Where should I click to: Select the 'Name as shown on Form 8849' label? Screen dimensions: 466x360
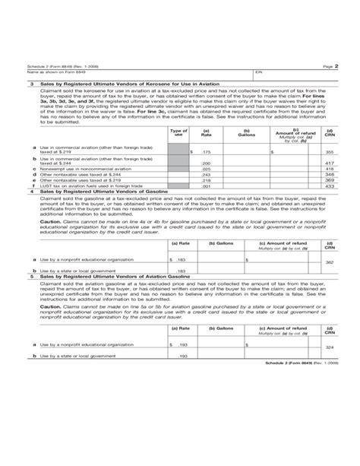51,74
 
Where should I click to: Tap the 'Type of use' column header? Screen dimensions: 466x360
179,134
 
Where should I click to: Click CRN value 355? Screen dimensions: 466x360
329,153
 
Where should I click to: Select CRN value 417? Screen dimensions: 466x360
329,163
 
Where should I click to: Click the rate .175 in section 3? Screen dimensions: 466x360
205,153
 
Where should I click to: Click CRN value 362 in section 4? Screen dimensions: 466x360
329,262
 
